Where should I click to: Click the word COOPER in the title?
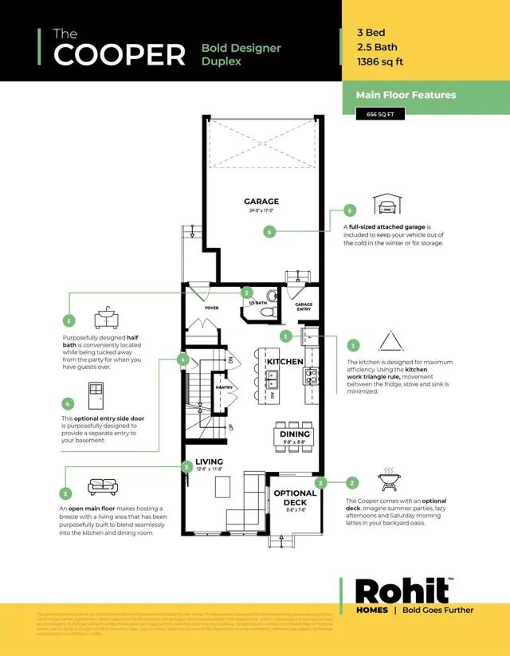click(120, 54)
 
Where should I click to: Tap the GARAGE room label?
click(261, 202)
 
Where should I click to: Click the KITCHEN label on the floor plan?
click(284, 362)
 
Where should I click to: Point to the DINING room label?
click(294, 434)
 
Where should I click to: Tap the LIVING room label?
click(210, 462)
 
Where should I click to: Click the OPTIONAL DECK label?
click(295, 497)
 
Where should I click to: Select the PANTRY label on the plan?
click(224, 388)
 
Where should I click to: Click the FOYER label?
click(211, 308)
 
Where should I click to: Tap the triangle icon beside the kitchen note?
click(390, 342)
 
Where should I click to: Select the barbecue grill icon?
click(390, 478)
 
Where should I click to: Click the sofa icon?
click(102, 486)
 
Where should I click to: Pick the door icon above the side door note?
click(96, 395)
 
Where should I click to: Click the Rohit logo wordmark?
click(402, 591)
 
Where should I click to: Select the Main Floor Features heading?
click(406, 95)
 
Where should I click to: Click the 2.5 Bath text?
click(379, 49)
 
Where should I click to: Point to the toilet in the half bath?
click(270, 297)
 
